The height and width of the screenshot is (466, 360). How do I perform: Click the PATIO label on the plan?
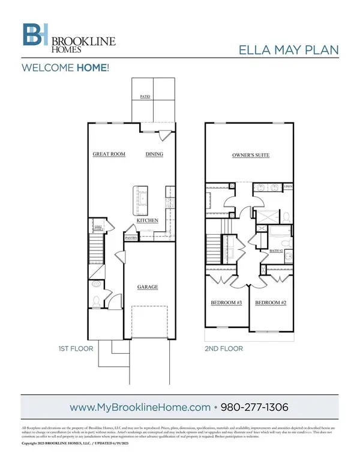coord(145,96)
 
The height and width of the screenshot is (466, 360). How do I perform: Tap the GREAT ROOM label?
coord(109,154)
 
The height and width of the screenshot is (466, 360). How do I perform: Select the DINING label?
coord(154,154)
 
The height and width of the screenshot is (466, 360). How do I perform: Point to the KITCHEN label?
coord(147,221)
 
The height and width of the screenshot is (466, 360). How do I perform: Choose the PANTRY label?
coord(131,238)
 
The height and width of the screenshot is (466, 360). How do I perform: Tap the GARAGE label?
coord(148,287)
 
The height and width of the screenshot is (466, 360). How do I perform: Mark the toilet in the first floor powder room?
coord(97,300)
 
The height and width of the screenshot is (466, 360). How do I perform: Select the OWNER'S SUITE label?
coord(250,155)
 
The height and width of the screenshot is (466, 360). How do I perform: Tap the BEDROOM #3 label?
coord(226,303)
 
